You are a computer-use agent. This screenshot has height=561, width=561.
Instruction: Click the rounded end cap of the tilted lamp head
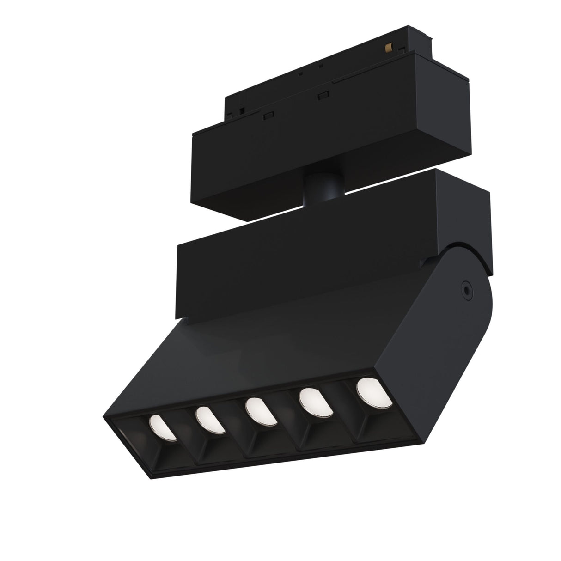(x=476, y=314)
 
